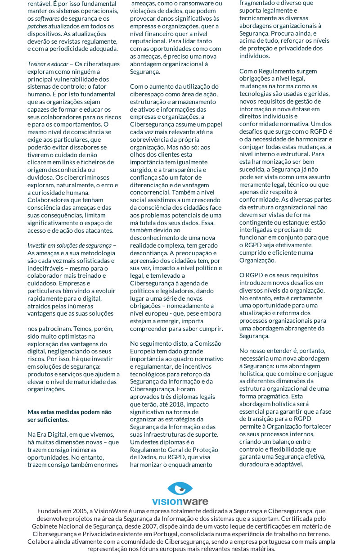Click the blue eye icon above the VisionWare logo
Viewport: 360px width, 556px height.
click(180, 489)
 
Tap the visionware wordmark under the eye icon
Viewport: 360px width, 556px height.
click(180, 501)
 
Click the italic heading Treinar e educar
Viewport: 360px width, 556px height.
click(48, 64)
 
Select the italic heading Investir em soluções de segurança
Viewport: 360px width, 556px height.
click(69, 245)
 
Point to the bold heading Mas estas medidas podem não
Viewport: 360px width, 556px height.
click(69, 411)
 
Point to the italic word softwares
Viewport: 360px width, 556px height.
click(47, 18)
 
